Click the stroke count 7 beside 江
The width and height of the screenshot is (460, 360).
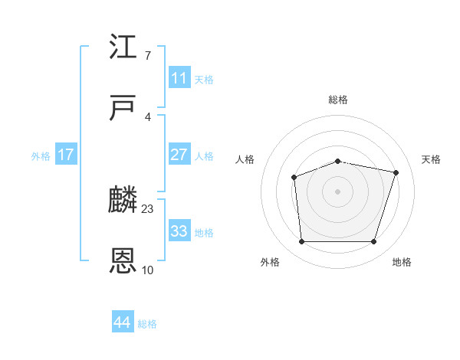pyautogui.click(x=147, y=56)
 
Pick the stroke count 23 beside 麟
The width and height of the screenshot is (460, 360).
pyautogui.click(x=148, y=208)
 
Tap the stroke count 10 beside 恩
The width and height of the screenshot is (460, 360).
pyautogui.click(x=148, y=270)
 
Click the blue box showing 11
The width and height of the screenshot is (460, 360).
pyautogui.click(x=179, y=78)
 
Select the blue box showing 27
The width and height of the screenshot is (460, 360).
pyautogui.click(x=179, y=155)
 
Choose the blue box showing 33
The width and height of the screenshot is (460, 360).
pyautogui.click(x=179, y=231)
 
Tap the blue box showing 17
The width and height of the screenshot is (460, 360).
pyautogui.click(x=66, y=155)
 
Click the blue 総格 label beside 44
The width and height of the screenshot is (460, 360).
pyautogui.click(x=148, y=324)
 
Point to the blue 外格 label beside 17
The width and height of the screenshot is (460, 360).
pyautogui.click(x=41, y=156)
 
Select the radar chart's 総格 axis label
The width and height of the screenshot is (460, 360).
pyautogui.click(x=338, y=100)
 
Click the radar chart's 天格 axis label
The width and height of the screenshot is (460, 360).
pyautogui.click(x=432, y=159)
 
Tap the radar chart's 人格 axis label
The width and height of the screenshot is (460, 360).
pyautogui.click(x=245, y=159)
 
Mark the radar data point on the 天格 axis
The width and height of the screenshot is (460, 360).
pyautogui.click(x=396, y=172)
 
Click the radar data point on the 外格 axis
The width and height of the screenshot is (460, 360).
pyautogui.click(x=301, y=242)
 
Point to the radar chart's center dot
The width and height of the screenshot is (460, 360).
pyautogui.click(x=338, y=191)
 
